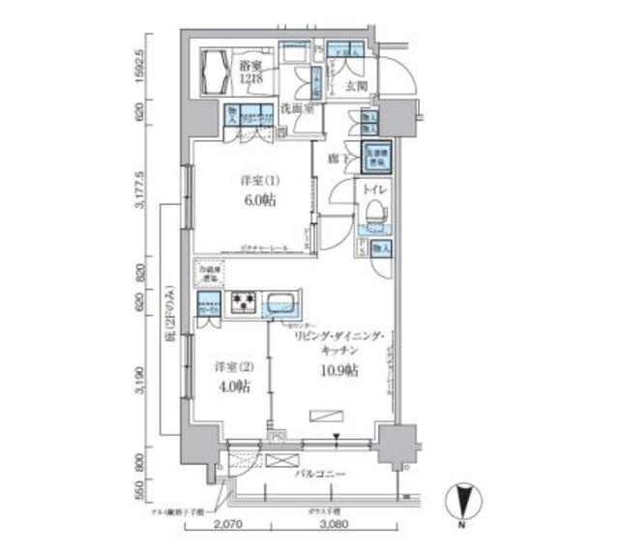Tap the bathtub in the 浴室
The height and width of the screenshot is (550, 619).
coord(215,71)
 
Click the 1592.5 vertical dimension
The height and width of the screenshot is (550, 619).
coord(142,67)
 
